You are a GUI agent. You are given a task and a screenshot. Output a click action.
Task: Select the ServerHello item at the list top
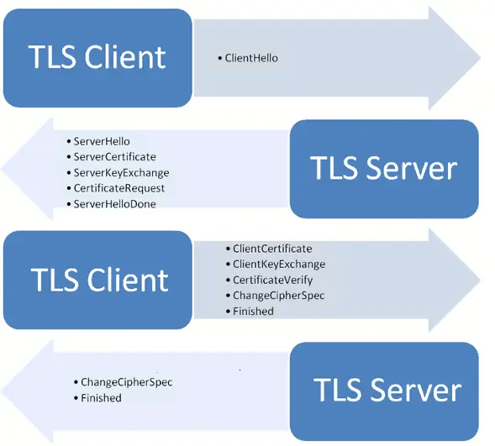pyautogui.click(x=102, y=141)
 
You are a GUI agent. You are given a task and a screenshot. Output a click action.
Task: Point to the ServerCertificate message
pyautogui.click(x=114, y=156)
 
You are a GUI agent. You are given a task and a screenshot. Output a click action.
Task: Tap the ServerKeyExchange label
pyautogui.click(x=121, y=172)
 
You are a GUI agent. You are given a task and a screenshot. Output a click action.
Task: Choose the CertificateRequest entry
pyautogui.click(x=119, y=188)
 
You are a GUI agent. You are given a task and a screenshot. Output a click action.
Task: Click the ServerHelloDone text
pyautogui.click(x=114, y=203)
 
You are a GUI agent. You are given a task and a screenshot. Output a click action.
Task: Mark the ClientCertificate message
pyautogui.click(x=271, y=249)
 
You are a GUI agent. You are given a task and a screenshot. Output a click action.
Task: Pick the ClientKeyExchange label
pyautogui.click(x=278, y=264)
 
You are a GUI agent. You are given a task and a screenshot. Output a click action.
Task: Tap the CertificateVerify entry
pyautogui.click(x=272, y=280)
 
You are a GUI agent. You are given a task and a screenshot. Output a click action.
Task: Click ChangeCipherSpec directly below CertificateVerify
pyautogui.click(x=278, y=295)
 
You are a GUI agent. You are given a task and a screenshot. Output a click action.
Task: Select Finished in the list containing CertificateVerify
pyautogui.click(x=253, y=311)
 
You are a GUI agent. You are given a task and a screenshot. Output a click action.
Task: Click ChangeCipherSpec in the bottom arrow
pyautogui.click(x=126, y=382)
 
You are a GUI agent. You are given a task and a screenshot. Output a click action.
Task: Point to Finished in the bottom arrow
pyautogui.click(x=101, y=397)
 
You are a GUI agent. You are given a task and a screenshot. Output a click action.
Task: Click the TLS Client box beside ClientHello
pyautogui.click(x=97, y=57)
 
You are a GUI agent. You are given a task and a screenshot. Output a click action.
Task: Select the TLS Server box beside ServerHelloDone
pyautogui.click(x=383, y=169)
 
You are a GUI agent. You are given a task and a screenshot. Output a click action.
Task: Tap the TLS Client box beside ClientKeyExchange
pyautogui.click(x=98, y=279)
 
